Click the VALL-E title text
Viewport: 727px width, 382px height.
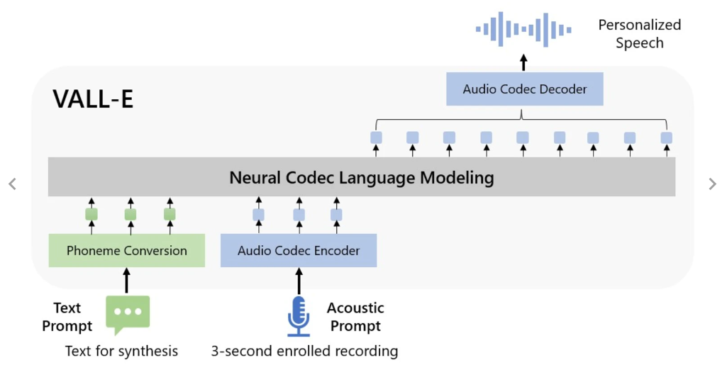(93, 99)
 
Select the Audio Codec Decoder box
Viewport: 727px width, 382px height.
(525, 89)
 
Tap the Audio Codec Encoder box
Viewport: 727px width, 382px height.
(299, 251)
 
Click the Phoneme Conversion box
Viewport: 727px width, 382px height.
(127, 251)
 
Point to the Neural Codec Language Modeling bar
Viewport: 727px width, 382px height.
(362, 177)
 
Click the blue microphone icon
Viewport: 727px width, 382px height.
(299, 315)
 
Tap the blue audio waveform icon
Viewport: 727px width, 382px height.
(524, 30)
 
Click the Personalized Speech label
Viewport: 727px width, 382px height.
(639, 34)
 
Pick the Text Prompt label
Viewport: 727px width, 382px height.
(67, 317)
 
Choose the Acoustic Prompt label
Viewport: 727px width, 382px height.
(355, 317)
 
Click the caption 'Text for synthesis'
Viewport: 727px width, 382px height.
(121, 351)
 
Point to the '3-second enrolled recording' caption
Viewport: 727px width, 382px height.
(304, 351)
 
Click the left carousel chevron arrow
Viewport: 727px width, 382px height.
(12, 184)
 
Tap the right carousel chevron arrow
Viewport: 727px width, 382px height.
(713, 184)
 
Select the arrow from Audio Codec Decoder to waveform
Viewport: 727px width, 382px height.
(524, 62)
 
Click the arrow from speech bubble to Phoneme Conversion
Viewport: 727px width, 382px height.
(128, 280)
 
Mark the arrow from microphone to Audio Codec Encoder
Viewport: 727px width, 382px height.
(299, 281)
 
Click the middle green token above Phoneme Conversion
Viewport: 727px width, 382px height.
(131, 214)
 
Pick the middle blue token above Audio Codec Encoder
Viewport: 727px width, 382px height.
(299, 214)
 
